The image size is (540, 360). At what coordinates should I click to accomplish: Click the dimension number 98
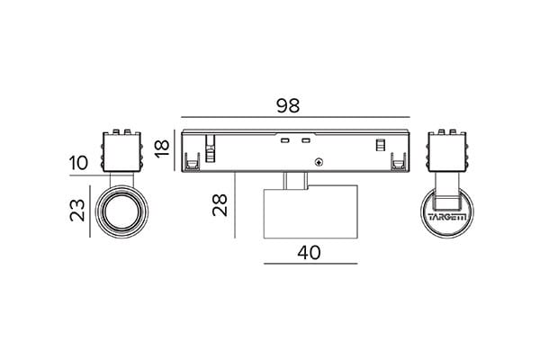click(x=288, y=106)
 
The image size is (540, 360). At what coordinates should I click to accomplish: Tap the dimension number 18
click(x=162, y=148)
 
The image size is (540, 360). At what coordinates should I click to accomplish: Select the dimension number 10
click(x=78, y=163)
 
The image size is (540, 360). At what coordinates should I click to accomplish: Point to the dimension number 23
click(x=77, y=210)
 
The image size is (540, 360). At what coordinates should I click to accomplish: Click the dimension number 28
click(x=220, y=205)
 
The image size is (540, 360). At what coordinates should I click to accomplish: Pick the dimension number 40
click(x=309, y=253)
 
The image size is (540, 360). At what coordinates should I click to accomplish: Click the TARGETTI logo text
click(x=447, y=217)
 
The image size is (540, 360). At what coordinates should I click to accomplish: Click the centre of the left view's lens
click(x=121, y=211)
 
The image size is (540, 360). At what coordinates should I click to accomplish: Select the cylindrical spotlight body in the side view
click(x=310, y=211)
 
